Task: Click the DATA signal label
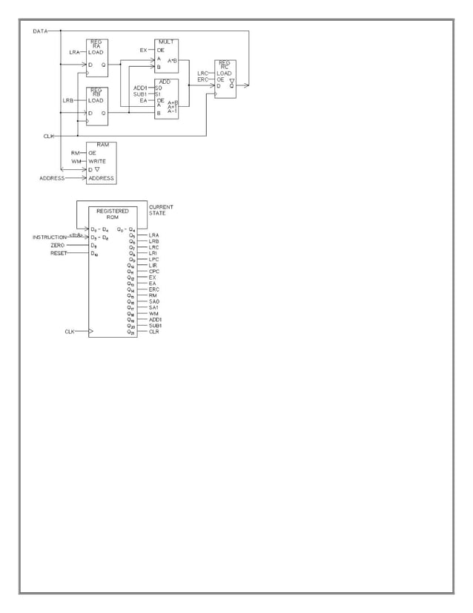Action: [40, 31]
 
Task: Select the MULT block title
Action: [167, 42]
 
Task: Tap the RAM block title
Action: [102, 145]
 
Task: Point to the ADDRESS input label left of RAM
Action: [52, 178]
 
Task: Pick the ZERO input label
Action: [57, 245]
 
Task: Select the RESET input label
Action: [59, 253]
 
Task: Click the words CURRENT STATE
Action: [161, 210]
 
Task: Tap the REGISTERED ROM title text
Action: [113, 214]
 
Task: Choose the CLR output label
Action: [153, 332]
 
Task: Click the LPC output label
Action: [153, 259]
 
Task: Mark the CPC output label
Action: [153, 271]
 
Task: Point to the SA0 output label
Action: [153, 301]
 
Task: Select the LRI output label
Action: [153, 253]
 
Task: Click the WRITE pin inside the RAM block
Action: [97, 161]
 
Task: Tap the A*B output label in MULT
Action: [172, 60]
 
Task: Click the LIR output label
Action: [153, 265]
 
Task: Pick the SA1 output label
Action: [153, 307]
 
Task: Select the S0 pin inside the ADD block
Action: [159, 88]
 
